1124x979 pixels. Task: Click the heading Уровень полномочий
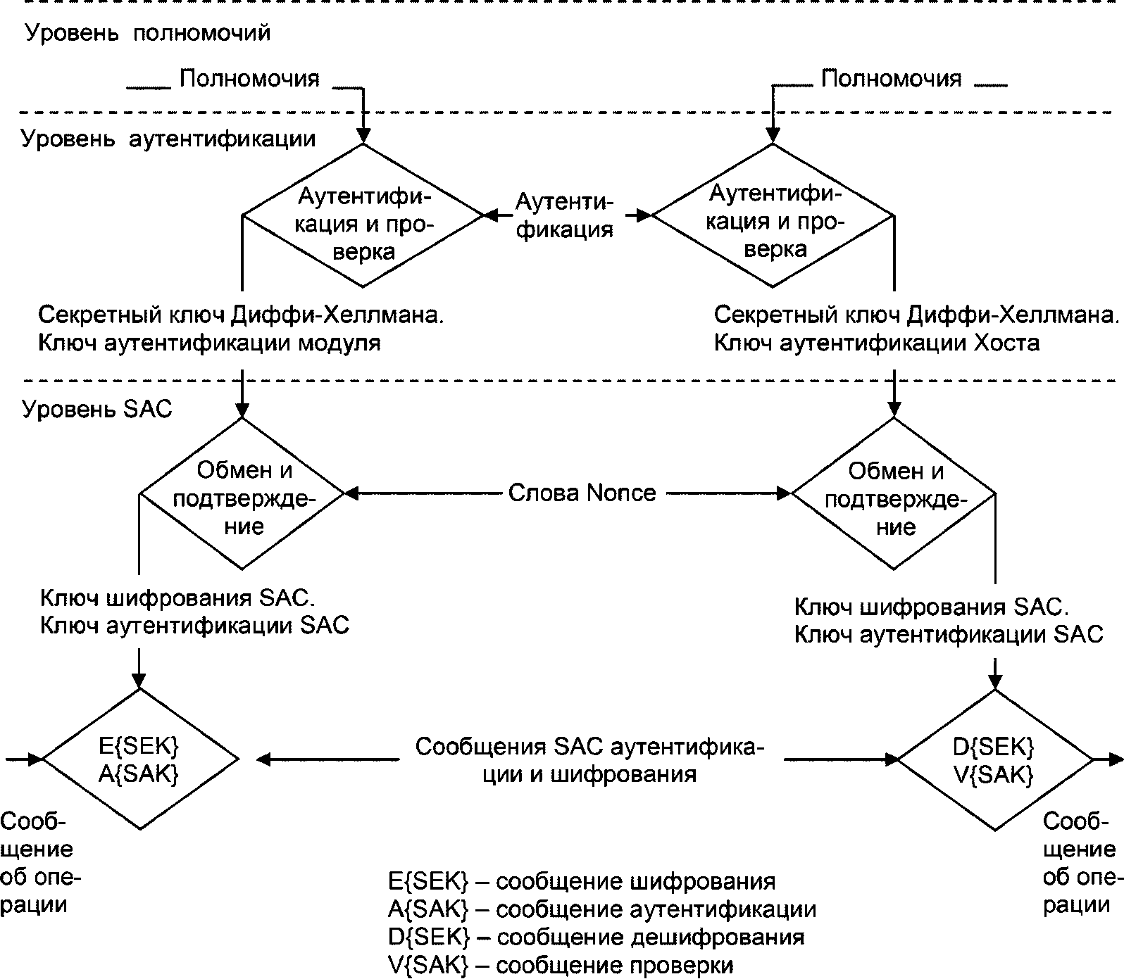[148, 33]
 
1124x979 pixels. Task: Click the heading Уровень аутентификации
[168, 139]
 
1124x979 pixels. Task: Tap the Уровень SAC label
[97, 410]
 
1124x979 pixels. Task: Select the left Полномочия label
[249, 78]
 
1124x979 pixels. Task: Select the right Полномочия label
[892, 78]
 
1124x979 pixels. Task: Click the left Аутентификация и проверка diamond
[363, 215]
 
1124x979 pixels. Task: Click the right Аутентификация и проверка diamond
[773, 215]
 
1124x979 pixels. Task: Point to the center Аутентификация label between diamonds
[564, 215]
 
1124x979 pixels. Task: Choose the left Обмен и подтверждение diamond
[242, 493]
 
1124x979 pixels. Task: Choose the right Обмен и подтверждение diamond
[894, 493]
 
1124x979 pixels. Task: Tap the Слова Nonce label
[582, 493]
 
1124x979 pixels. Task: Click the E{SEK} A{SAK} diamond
[140, 759]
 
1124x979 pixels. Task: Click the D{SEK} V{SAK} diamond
[994, 759]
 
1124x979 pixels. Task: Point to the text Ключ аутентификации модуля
[209, 343]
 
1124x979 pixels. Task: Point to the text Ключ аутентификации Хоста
[877, 343]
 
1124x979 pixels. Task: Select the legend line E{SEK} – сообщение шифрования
[582, 881]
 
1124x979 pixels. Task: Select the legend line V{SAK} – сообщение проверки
[561, 965]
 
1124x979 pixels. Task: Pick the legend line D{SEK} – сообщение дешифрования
[596, 937]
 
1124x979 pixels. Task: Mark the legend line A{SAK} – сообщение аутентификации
[602, 909]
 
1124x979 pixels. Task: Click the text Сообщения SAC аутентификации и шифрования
[590, 760]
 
